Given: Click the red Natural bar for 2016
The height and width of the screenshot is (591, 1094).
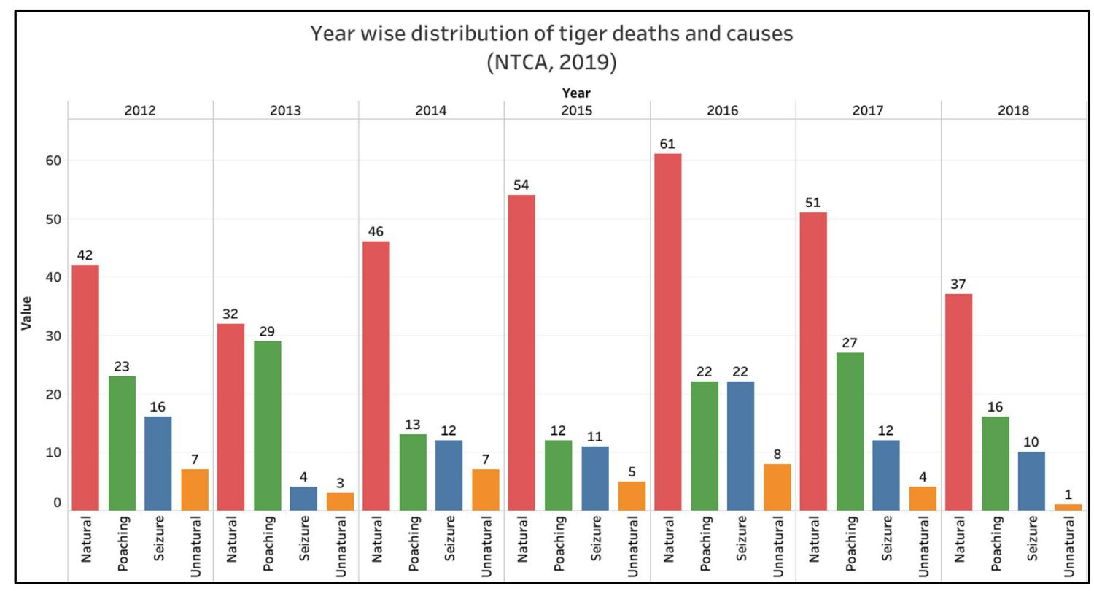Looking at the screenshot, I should pyautogui.click(x=667, y=332).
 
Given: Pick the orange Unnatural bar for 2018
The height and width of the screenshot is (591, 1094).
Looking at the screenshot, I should pyautogui.click(x=1068, y=507).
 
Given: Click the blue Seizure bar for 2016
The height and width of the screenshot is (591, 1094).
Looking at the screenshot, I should pyautogui.click(x=740, y=446).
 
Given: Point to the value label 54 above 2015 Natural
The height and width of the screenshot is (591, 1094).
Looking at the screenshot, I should pyautogui.click(x=521, y=185).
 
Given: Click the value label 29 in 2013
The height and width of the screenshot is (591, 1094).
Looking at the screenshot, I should pyautogui.click(x=267, y=331).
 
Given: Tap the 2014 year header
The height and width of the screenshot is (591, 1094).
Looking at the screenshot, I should pyautogui.click(x=430, y=111).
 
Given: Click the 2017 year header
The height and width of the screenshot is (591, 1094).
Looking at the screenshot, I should pyautogui.click(x=867, y=111).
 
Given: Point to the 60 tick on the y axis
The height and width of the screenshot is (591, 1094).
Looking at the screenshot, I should pyautogui.click(x=53, y=161).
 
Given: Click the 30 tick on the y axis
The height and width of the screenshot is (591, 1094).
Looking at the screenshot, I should pyautogui.click(x=53, y=336).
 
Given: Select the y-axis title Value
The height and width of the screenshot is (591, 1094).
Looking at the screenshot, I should pyautogui.click(x=27, y=313).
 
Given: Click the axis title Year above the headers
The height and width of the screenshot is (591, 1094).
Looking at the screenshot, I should pyautogui.click(x=576, y=93).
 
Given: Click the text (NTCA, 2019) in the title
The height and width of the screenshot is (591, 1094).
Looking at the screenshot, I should pyautogui.click(x=551, y=63).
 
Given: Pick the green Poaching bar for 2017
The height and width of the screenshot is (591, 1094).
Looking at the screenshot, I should pyautogui.click(x=850, y=431).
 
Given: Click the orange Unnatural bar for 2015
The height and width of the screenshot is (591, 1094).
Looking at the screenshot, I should pyautogui.click(x=632, y=495).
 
